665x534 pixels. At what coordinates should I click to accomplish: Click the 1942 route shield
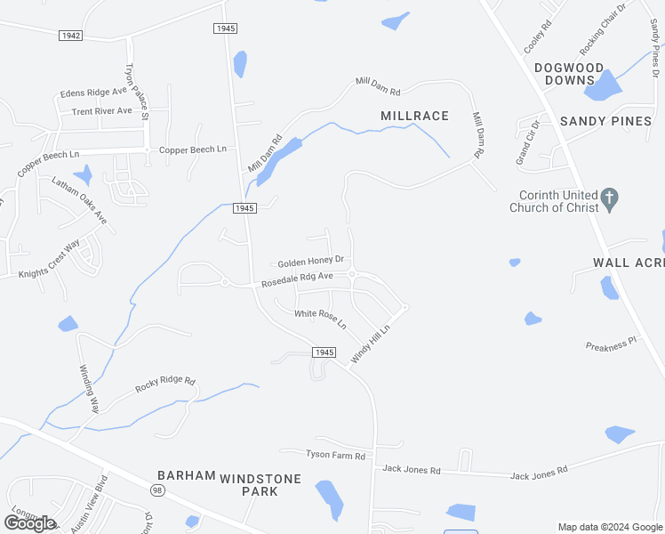71,36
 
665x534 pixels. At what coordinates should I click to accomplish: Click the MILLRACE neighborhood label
414,116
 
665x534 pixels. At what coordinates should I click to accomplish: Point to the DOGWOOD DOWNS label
569,74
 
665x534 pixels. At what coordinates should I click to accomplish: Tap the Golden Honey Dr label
310,263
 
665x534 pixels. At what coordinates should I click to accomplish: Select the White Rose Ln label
320,316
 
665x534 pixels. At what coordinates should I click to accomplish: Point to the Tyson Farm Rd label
335,456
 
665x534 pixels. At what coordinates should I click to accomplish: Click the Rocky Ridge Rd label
164,385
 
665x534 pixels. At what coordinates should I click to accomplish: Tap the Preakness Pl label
611,343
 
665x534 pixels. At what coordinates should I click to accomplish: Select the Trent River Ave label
101,111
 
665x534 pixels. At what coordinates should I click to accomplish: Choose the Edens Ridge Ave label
93,93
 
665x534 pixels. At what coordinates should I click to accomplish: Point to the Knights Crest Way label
49,259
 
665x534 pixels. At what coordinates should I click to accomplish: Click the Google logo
29,522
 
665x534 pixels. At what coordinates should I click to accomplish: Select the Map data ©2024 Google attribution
610,527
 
